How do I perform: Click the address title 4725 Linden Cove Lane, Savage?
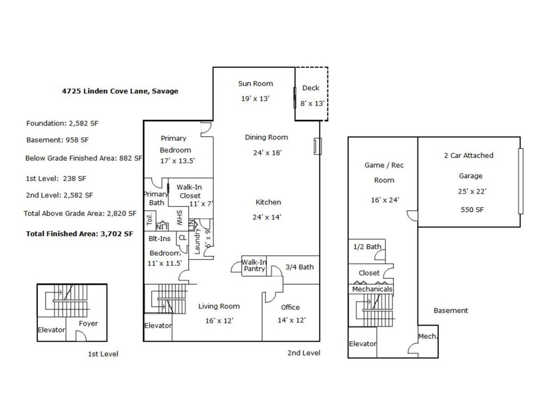120,91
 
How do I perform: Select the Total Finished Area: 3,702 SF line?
79,233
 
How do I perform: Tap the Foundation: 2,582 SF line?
62,123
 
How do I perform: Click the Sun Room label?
255,83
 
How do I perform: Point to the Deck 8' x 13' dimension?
312,104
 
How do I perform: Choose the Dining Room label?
266,137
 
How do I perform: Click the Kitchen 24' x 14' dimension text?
267,217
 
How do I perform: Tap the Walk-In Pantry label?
254,265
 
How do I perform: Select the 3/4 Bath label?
299,267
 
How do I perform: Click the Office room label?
290,307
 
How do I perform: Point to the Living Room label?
219,306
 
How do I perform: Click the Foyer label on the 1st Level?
88,323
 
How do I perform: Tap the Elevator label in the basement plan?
363,344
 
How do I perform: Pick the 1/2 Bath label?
367,247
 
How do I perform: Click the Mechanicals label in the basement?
372,289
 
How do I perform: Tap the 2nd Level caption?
303,353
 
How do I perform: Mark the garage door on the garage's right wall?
521,181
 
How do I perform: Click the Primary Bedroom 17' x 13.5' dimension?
178,161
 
